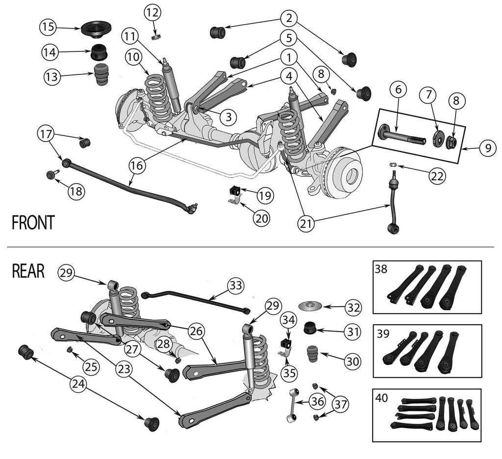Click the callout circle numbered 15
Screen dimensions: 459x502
48,28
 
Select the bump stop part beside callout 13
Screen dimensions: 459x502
101,74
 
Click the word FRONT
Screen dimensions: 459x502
33,223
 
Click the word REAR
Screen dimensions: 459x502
28,271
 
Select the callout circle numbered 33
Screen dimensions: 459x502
236,286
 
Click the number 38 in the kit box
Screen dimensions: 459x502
380,269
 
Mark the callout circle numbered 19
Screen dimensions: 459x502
264,196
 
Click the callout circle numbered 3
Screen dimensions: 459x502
228,117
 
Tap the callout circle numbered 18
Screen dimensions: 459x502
75,192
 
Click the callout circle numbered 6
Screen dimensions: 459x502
398,90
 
